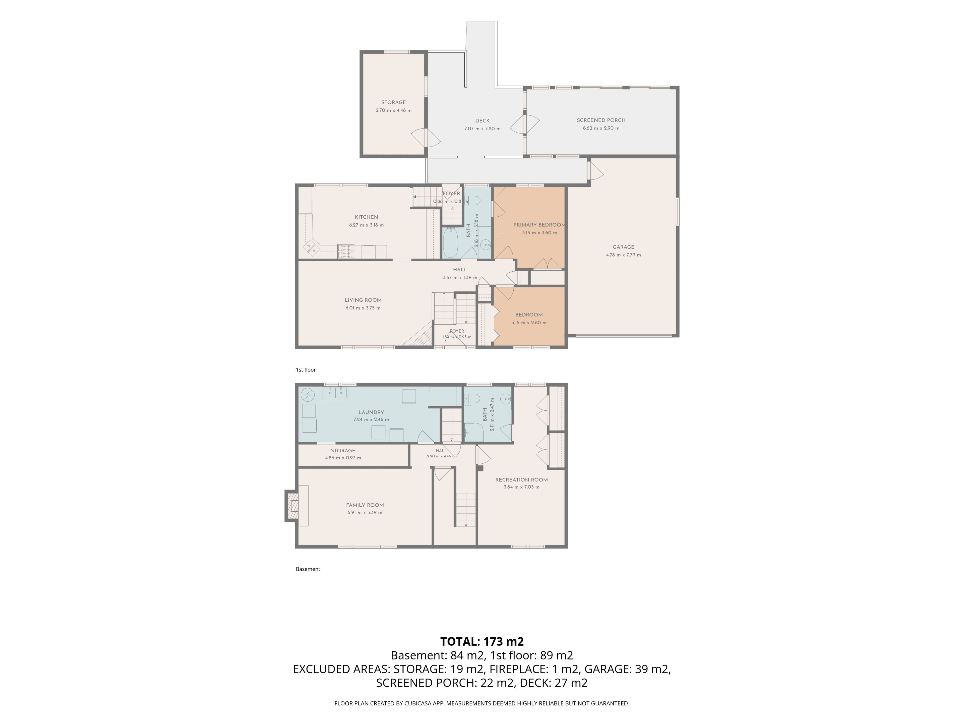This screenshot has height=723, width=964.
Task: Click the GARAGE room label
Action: pyautogui.click(x=623, y=247)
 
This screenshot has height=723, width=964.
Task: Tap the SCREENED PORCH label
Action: pyautogui.click(x=601, y=120)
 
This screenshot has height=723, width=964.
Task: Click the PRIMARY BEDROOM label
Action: pyautogui.click(x=539, y=225)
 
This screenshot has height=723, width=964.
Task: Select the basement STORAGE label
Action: pyautogui.click(x=343, y=451)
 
